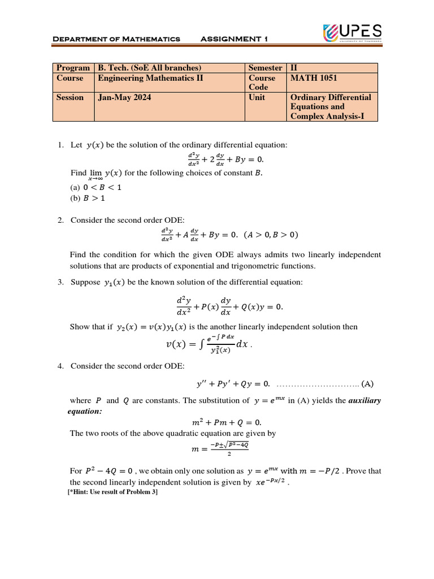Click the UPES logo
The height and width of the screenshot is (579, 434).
tap(351, 33)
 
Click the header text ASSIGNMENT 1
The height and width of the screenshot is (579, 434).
tap(234, 39)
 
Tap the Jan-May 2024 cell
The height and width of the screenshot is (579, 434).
tap(124, 97)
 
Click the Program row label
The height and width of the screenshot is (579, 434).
tap(73, 68)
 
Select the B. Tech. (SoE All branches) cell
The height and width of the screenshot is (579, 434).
tap(150, 68)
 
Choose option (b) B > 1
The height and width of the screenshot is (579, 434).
tap(87, 198)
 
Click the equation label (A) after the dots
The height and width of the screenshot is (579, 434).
tap(367, 384)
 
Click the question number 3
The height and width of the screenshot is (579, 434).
tap(60, 282)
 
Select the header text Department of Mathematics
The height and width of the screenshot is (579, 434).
tap(116, 39)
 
